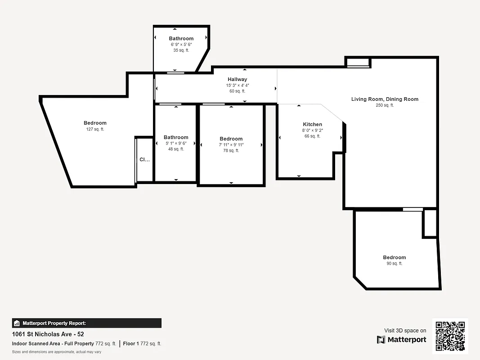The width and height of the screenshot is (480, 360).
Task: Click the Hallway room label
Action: [x=237, y=79]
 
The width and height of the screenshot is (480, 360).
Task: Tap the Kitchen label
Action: [x=312, y=124]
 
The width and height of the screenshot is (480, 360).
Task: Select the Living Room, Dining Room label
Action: [x=385, y=99]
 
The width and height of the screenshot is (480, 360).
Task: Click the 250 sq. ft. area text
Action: [x=385, y=105]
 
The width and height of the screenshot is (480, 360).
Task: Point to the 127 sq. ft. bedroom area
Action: [x=95, y=129]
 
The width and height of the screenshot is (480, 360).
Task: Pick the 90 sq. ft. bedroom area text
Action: [x=394, y=264]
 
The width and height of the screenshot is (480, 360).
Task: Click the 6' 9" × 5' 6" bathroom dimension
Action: [x=181, y=45]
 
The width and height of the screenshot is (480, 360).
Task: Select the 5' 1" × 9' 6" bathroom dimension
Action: [x=176, y=143]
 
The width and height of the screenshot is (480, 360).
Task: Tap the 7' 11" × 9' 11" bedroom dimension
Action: [x=231, y=145]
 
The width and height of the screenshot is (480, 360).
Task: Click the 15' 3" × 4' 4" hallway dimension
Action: [x=237, y=85]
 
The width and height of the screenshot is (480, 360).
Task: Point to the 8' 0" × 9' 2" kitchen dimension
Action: [x=312, y=130]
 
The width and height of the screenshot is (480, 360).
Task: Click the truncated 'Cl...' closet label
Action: [x=144, y=159]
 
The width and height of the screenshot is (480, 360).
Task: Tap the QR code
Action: [x=450, y=336]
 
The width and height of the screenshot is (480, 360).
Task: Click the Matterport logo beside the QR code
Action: [x=401, y=339]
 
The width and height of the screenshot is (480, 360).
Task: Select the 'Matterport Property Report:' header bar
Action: [x=86, y=323]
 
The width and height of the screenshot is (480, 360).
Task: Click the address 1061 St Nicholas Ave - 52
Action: [x=48, y=334]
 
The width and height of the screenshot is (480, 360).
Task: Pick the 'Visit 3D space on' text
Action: [x=405, y=330]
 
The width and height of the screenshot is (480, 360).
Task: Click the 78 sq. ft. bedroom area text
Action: [x=231, y=151]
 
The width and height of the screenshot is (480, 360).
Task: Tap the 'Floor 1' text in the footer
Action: [x=131, y=344]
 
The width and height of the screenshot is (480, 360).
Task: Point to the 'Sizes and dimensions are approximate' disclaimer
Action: [x=57, y=352]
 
